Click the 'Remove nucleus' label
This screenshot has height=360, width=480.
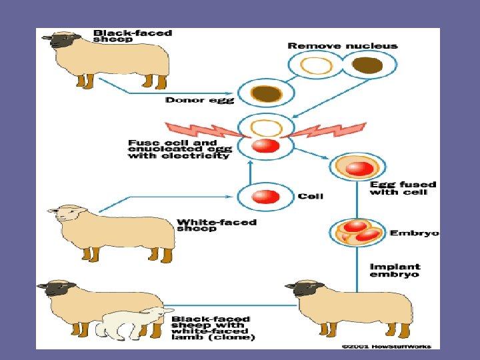[x=342, y=46]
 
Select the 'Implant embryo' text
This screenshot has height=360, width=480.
[x=395, y=270]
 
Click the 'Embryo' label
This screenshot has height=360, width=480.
[x=414, y=233]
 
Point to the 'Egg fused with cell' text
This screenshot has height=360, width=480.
[x=403, y=188]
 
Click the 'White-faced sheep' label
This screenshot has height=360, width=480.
[x=217, y=225]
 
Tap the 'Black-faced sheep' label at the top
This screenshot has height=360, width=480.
[x=132, y=35]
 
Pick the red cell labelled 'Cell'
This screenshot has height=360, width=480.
[x=266, y=196]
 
